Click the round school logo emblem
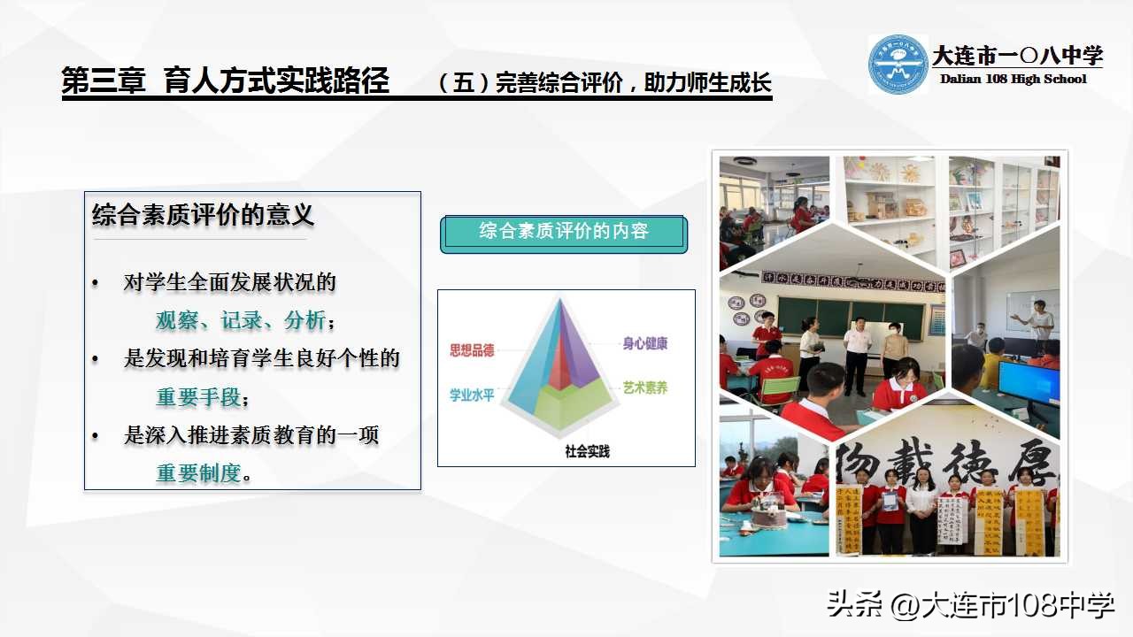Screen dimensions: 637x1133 coord(898,64)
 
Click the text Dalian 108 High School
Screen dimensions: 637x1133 coord(1013,80)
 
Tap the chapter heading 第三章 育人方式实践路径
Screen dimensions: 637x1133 coord(226,81)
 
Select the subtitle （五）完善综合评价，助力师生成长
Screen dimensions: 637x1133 coord(605,84)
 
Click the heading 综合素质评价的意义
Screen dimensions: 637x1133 coord(203,215)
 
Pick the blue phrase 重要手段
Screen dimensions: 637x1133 coord(198,397)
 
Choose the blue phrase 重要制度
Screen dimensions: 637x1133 coord(198,473)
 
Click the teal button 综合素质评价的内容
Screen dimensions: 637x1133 coord(564,232)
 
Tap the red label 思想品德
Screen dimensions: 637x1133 coord(472,350)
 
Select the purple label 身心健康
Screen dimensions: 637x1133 coord(644,343)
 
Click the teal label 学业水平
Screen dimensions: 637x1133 coord(472,395)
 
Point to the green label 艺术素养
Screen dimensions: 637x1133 coord(644,388)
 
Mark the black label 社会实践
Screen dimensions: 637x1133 coord(587,451)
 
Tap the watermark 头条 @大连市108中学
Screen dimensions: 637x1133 coord(970,605)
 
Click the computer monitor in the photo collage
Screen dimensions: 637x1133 coord(1029,383)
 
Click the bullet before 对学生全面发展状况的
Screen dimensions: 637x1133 coord(96,283)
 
